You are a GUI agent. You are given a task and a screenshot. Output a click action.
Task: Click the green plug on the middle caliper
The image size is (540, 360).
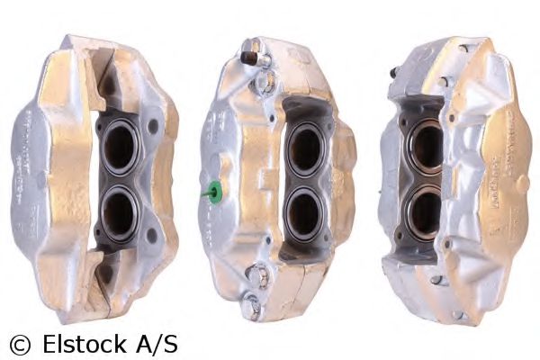coord(215,191)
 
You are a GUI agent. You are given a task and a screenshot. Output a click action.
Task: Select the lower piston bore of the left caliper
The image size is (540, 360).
coord(119,214)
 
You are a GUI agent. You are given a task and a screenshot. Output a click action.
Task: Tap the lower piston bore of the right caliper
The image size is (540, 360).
coord(426,212)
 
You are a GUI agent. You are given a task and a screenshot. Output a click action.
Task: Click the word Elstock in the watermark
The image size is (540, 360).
coord(80,343)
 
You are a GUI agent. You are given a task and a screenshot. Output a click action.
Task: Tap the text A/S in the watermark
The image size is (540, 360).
coord(156,343)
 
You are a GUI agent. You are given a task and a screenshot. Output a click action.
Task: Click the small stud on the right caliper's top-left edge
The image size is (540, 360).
coord(394,72)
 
